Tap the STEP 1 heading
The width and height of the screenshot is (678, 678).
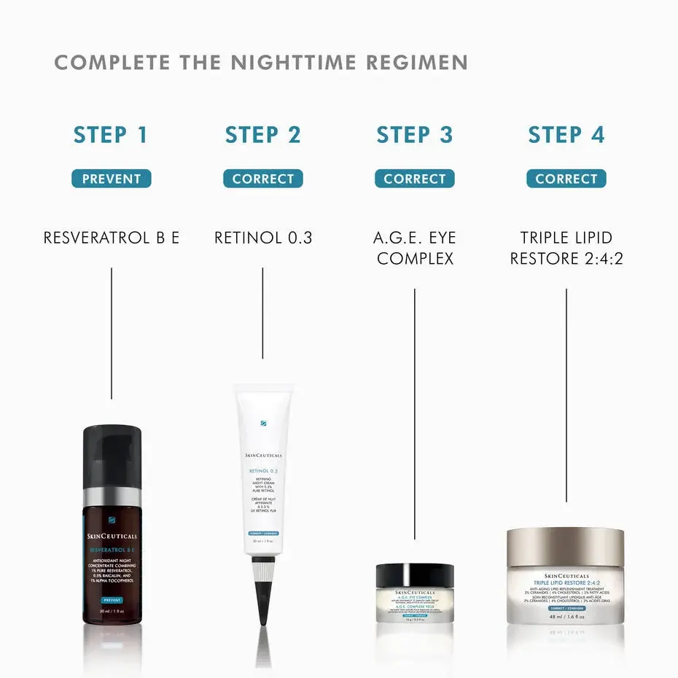(x=111, y=135)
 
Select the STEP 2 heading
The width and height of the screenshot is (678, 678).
(x=262, y=135)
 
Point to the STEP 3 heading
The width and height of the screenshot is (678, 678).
(x=414, y=135)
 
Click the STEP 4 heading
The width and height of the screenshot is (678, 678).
(x=566, y=135)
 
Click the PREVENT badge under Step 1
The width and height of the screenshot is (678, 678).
(x=111, y=179)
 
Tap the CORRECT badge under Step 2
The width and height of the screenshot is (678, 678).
(x=262, y=179)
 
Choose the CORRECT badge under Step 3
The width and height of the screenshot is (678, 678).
(x=414, y=179)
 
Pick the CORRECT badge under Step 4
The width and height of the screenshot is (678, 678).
(x=566, y=179)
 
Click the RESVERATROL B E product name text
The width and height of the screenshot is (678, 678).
(x=111, y=238)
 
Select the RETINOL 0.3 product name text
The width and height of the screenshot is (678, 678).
(x=262, y=238)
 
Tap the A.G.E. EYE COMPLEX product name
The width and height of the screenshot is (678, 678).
(x=414, y=248)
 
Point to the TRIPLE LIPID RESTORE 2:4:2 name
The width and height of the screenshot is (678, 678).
(x=566, y=248)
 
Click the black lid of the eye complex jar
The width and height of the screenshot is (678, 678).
(x=414, y=574)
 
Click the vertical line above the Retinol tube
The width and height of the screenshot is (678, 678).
(x=262, y=313)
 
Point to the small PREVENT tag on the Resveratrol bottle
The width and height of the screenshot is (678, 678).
(x=112, y=599)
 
